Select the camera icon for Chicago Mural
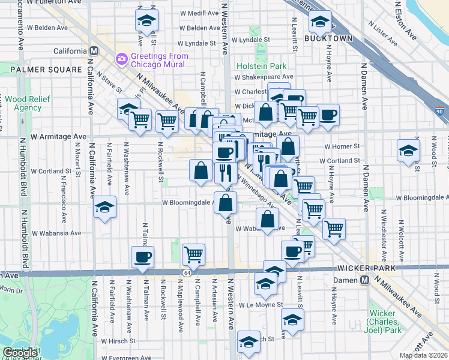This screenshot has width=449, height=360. click(x=121, y=58)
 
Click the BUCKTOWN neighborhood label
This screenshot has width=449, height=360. click(x=328, y=38)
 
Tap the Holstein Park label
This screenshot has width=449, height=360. click(x=262, y=65)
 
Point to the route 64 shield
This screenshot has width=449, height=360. click(x=187, y=273)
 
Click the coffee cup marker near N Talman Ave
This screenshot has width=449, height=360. click(x=143, y=257)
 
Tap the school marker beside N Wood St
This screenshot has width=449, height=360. click(x=408, y=150)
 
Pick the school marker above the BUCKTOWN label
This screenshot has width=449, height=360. click(x=321, y=22)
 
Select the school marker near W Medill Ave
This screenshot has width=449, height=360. click(x=146, y=20)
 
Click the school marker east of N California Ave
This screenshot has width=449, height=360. click(x=105, y=207)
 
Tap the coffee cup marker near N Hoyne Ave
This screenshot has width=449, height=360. click(x=328, y=115)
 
